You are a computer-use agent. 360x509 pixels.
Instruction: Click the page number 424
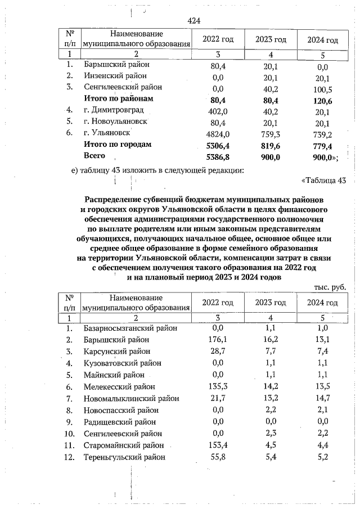tap(193, 21)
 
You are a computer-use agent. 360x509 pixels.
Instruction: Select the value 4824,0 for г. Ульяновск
tap(218, 134)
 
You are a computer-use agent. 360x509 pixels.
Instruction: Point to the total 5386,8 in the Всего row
tap(218, 157)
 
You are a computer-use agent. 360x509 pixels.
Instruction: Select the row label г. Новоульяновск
tap(115, 122)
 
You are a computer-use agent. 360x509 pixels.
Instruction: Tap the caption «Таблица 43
tap(323, 181)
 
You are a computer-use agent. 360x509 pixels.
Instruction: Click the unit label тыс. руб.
tap(330, 286)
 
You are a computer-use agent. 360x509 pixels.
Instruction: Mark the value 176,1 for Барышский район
tap(218, 340)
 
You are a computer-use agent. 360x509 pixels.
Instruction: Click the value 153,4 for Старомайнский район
tap(218, 445)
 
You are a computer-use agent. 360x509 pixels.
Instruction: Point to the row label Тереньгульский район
tap(124, 457)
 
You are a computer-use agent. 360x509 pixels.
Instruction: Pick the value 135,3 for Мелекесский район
tap(218, 387)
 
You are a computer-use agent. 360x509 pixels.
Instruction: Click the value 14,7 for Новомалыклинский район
tap(322, 399)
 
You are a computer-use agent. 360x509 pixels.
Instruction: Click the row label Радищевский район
tap(121, 422)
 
